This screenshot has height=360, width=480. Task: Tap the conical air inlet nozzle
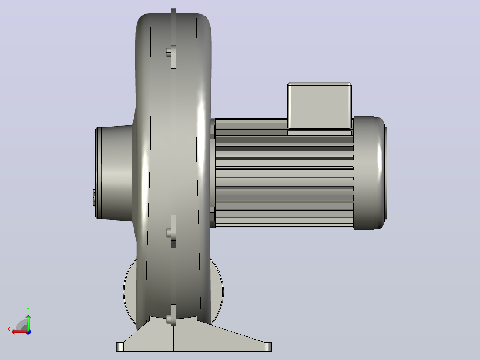click(x=114, y=173)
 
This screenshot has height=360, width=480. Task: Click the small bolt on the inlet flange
click(x=94, y=197)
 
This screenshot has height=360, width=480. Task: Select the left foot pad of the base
click(x=120, y=347)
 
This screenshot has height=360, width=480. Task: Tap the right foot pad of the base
click(x=268, y=347)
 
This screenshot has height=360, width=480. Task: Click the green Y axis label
click(x=28, y=310)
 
